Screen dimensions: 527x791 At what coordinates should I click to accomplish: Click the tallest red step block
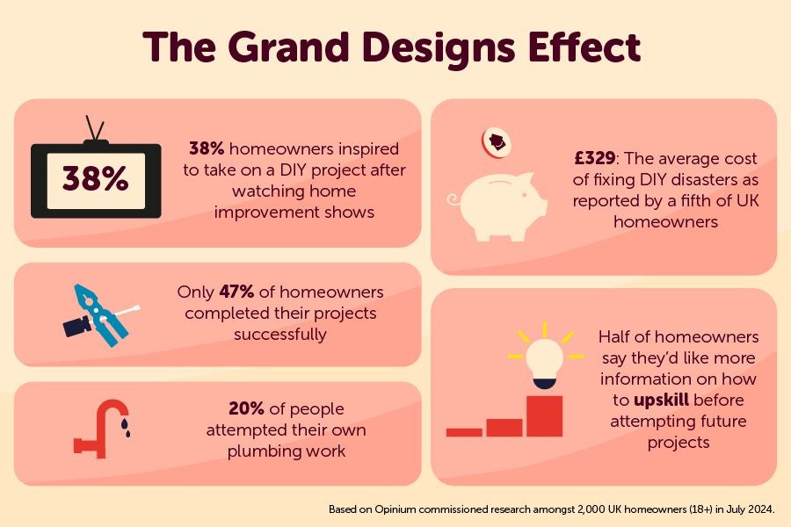[x=544, y=415]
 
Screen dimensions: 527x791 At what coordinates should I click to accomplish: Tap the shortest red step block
[x=464, y=431]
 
